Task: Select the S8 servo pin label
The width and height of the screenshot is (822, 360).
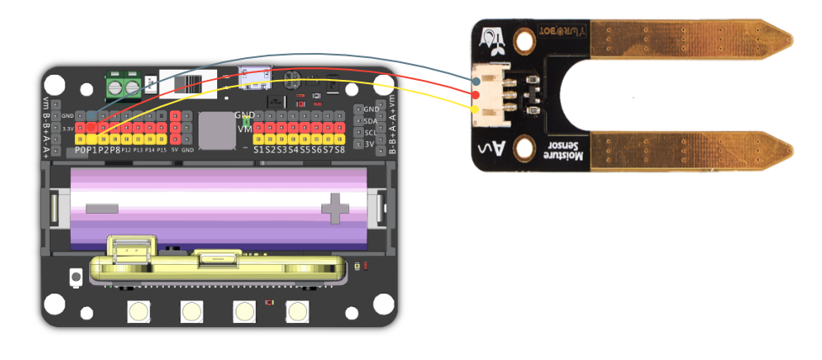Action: point(340,150)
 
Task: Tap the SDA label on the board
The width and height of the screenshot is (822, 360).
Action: point(370,121)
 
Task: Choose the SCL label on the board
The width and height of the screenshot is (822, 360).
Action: point(370,132)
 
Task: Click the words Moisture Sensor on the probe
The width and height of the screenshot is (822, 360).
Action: point(556,151)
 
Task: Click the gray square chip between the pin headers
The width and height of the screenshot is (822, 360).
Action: point(216,130)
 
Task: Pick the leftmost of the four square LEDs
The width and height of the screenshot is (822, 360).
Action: point(138,311)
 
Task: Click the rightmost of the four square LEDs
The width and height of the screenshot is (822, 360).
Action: point(297,311)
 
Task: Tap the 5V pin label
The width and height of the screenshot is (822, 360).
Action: point(174,150)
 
